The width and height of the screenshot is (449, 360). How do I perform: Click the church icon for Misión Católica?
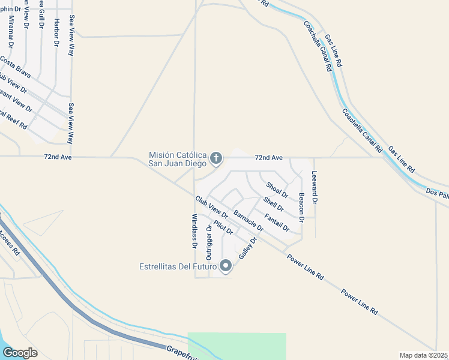coord(216,159)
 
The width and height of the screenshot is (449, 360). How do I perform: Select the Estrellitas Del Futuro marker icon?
coord(226,265)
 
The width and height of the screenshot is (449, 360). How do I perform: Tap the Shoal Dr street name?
coord(277,190)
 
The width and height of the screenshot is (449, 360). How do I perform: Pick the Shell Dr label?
coord(273,205)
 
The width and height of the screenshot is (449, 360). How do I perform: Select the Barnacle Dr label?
coord(248,220)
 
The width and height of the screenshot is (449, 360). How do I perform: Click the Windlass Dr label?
coord(194,231)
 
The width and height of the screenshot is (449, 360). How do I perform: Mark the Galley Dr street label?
coord(247,248)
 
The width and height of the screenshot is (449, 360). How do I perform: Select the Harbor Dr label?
coord(56,33)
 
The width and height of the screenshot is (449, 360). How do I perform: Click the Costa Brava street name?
coord(15,64)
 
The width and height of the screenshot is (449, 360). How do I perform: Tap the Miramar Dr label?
coord(10,31)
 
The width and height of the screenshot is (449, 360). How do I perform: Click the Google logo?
coord(20,353)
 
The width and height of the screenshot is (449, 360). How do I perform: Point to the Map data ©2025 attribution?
coord(423,355)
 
